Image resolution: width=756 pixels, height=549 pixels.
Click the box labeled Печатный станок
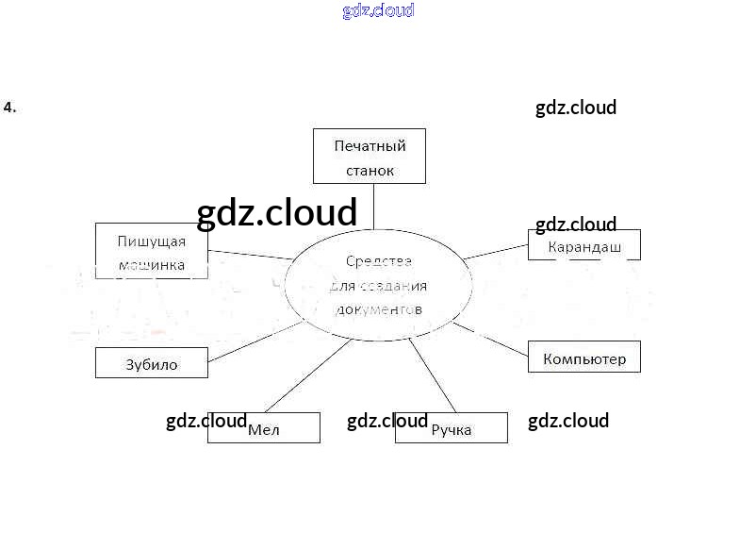coord(369,156)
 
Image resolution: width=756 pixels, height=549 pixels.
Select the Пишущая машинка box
coord(151,252)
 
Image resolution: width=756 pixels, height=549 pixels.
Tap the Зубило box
coord(151,363)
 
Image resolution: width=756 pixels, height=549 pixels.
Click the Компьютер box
coord(583,357)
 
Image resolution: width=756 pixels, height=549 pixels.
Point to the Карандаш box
coord(584,245)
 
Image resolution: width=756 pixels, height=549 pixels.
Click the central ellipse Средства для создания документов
coord(378,283)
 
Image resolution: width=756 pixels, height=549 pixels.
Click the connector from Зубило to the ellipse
coord(255,342)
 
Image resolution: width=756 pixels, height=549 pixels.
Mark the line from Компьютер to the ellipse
coord(490,338)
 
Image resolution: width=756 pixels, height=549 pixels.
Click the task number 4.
coord(9,108)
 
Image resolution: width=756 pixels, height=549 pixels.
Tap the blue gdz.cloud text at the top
coord(378,11)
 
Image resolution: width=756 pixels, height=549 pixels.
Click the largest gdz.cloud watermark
coord(277,213)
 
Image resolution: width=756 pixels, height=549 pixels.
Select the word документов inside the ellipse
coord(378,308)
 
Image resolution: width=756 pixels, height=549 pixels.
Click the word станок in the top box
coord(369,171)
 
